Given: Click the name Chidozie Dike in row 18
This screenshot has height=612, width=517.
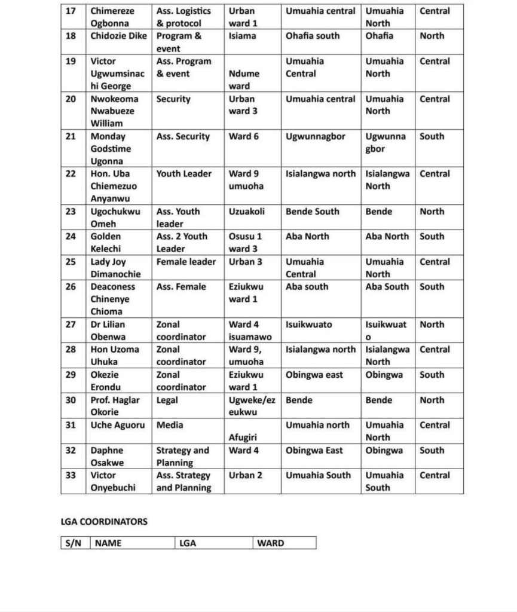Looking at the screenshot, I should pyautogui.click(x=118, y=36).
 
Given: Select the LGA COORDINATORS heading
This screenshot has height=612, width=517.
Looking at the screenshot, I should pyautogui.click(x=104, y=521).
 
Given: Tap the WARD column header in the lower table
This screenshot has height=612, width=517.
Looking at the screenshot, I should pyautogui.click(x=271, y=543).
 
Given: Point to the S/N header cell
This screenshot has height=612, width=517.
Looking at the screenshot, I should pyautogui.click(x=75, y=543).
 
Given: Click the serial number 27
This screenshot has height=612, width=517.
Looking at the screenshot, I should pyautogui.click(x=71, y=325).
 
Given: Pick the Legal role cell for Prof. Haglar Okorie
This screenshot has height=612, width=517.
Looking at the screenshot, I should pyautogui.click(x=167, y=400).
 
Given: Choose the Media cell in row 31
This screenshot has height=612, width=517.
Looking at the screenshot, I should pyautogui.click(x=170, y=425).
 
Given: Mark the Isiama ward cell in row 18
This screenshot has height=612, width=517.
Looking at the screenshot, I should pyautogui.click(x=242, y=36).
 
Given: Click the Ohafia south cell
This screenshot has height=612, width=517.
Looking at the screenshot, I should pyautogui.click(x=313, y=36).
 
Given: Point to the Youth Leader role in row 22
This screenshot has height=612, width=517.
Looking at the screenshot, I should pyautogui.click(x=184, y=174).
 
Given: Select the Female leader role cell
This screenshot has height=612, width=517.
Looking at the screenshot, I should pyautogui.click(x=186, y=262).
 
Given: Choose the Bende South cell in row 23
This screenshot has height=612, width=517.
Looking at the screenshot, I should pyautogui.click(x=313, y=212).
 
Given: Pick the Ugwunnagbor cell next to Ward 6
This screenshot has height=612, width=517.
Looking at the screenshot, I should pyautogui.click(x=316, y=136).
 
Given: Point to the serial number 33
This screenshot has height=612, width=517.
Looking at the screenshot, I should pyautogui.click(x=71, y=475).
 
